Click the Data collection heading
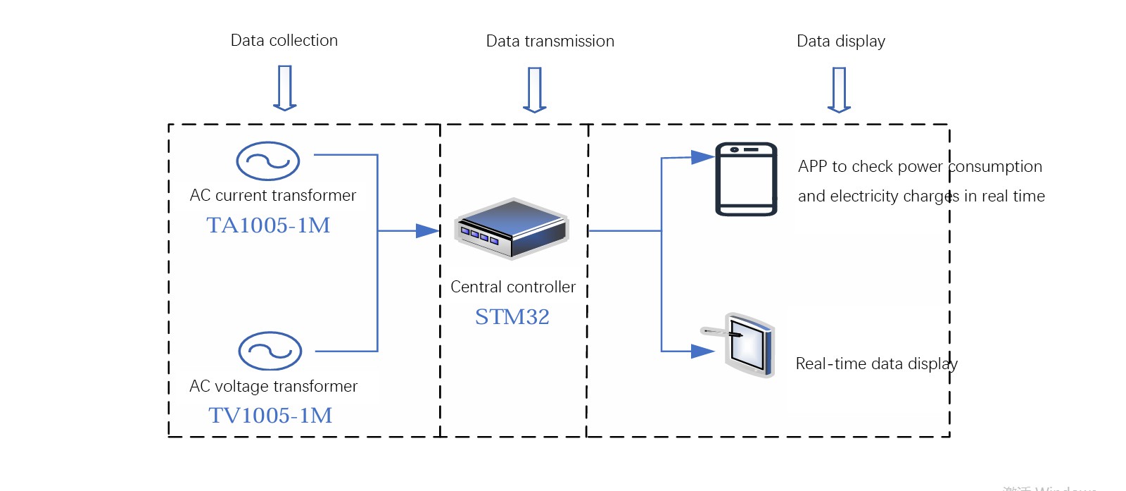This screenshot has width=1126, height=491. pyautogui.click(x=284, y=41)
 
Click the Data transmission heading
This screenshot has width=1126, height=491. pyautogui.click(x=550, y=42)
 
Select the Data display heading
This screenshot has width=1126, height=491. pyautogui.click(x=841, y=42)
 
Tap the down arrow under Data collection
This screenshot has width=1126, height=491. pyautogui.click(x=285, y=88)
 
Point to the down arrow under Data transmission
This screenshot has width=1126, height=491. pyautogui.click(x=535, y=89)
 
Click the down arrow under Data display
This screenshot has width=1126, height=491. pyautogui.click(x=839, y=89)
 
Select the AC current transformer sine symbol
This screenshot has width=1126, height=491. pyautogui.click(x=268, y=161)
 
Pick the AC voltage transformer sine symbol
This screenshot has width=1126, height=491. pyautogui.click(x=270, y=351)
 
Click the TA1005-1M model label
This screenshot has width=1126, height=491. pyautogui.click(x=268, y=225)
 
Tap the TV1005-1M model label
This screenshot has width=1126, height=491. pyautogui.click(x=270, y=416)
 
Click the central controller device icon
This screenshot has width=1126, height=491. pyautogui.click(x=512, y=228)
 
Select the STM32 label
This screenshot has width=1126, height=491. pyautogui.click(x=512, y=317)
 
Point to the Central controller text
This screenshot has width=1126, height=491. pyautogui.click(x=513, y=287)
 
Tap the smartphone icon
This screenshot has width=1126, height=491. pyautogui.click(x=747, y=179)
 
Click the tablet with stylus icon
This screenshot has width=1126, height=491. pyautogui.click(x=742, y=345)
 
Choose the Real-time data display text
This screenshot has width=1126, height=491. pyautogui.click(x=876, y=364)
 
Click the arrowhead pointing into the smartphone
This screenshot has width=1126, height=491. pyautogui.click(x=702, y=157)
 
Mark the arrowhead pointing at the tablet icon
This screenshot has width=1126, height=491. pyautogui.click(x=702, y=351)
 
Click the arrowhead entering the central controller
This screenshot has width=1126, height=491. pyautogui.click(x=427, y=230)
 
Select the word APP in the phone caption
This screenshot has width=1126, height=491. pyautogui.click(x=812, y=167)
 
